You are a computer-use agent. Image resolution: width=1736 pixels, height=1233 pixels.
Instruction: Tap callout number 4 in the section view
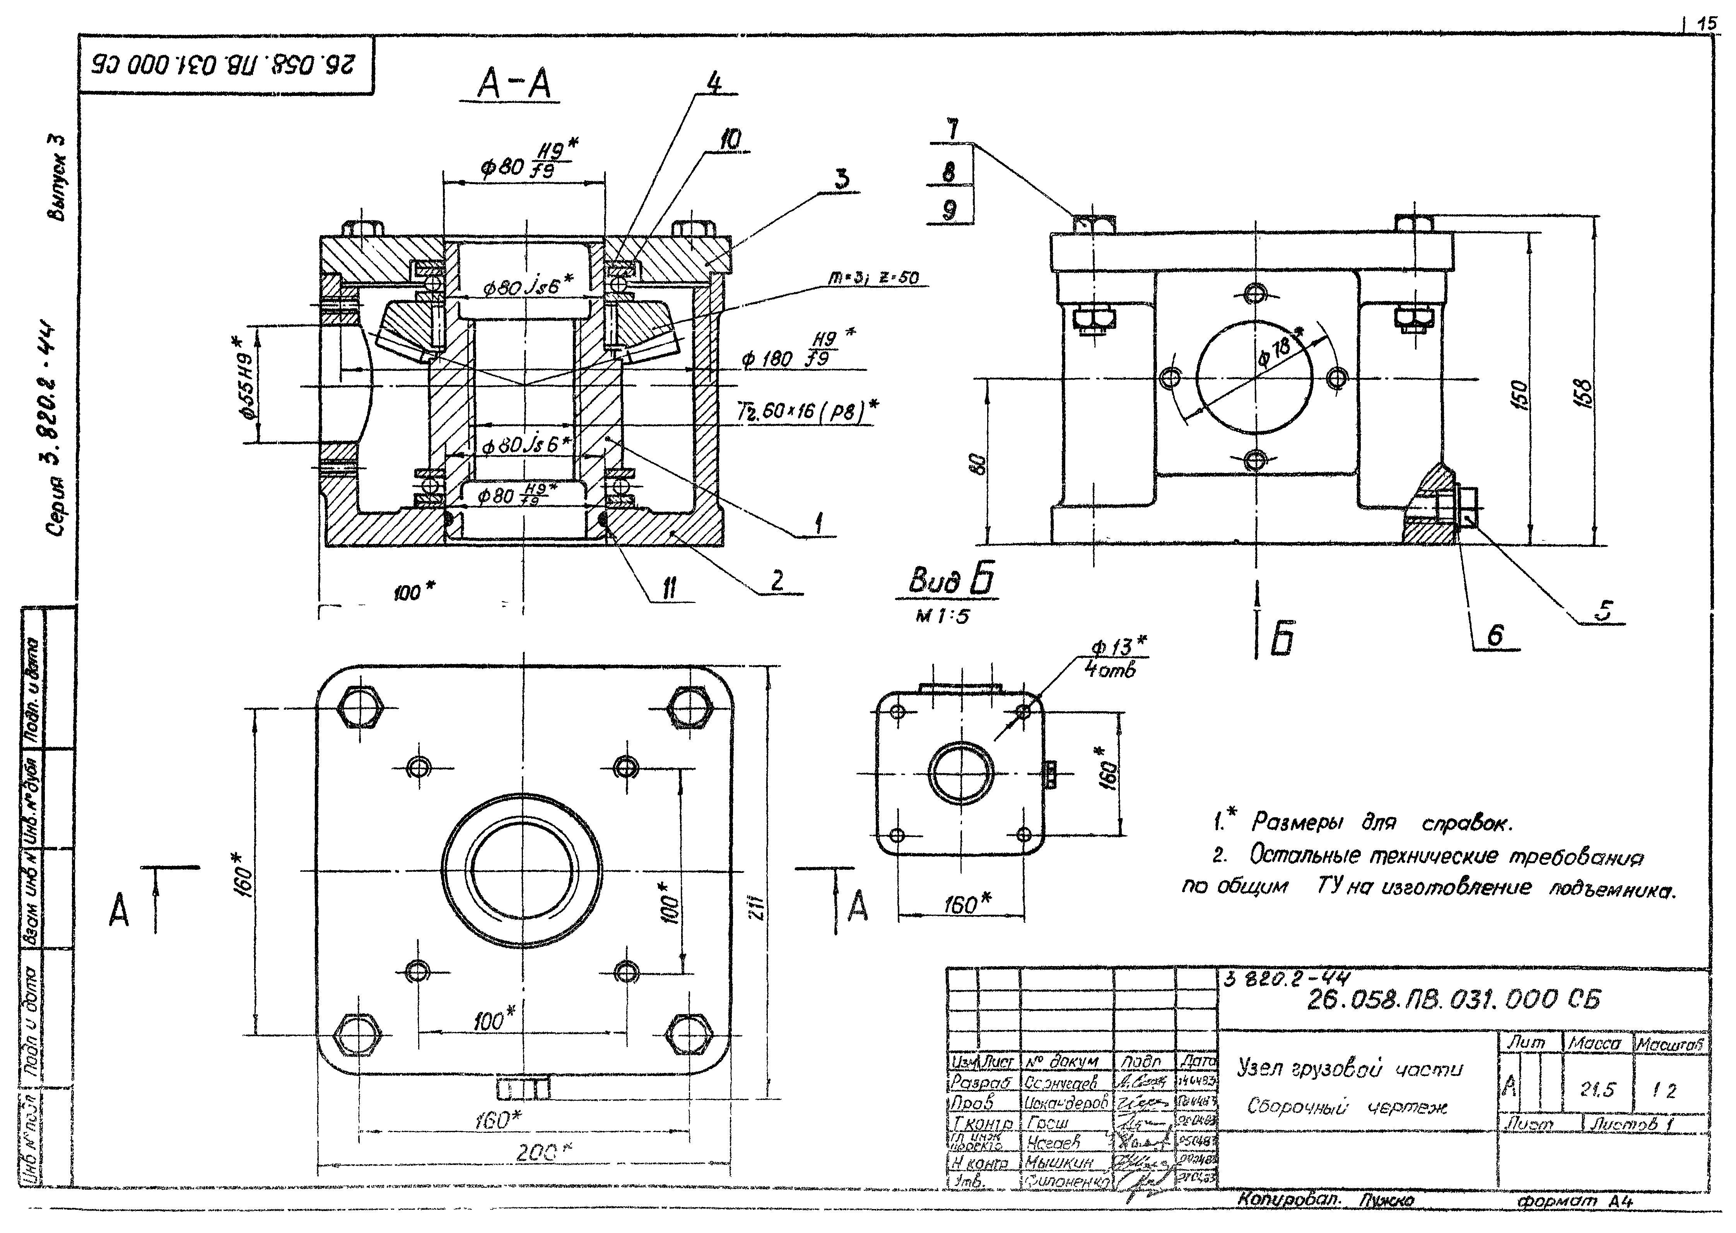pyautogui.click(x=714, y=82)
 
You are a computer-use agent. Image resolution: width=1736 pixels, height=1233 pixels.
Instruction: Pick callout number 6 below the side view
pyautogui.click(x=1495, y=635)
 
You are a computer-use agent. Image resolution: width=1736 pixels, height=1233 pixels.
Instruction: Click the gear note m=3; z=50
pyautogui.click(x=873, y=278)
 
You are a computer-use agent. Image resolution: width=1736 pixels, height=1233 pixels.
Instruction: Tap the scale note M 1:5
pyautogui.click(x=942, y=616)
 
